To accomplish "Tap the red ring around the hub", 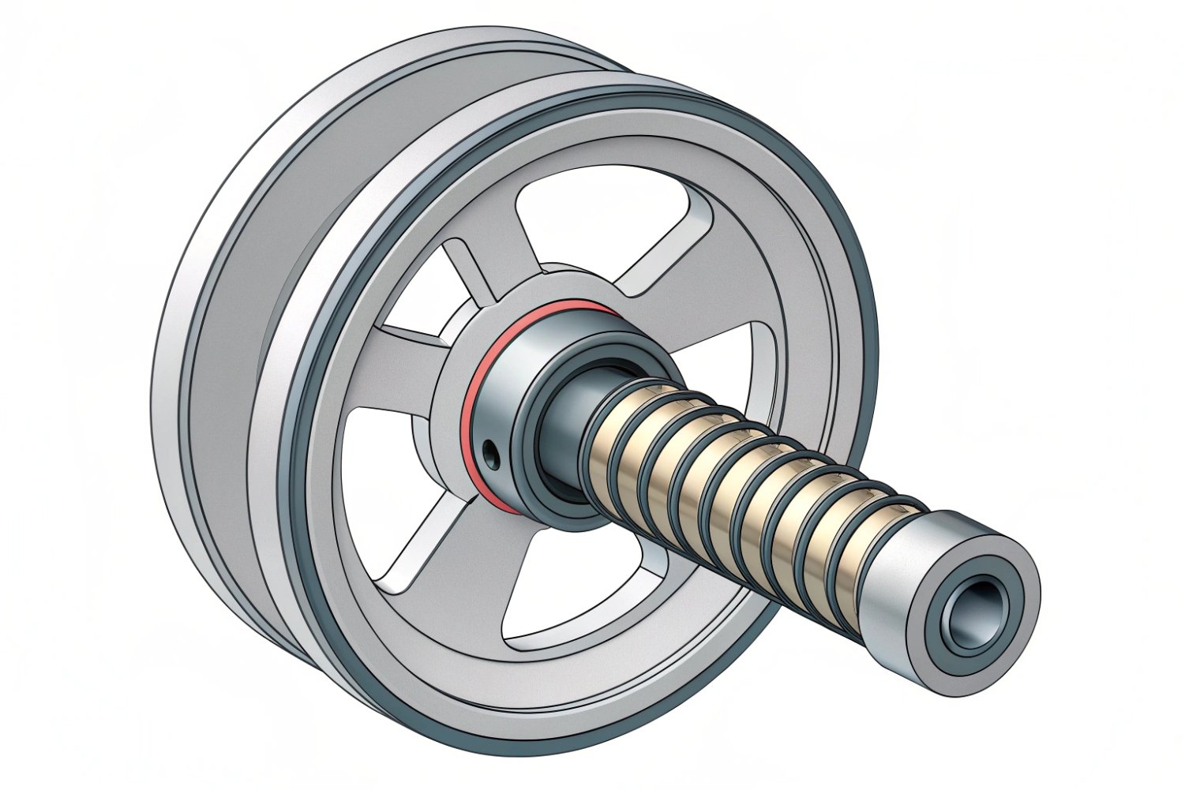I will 474,395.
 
